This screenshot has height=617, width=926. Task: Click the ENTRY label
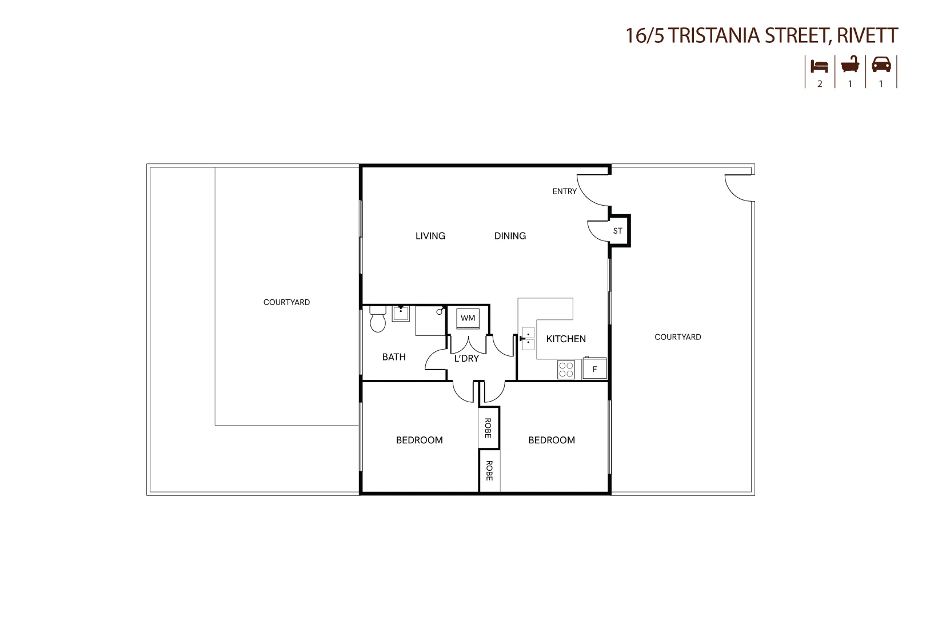tap(564, 191)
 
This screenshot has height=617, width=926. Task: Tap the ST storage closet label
tap(617, 231)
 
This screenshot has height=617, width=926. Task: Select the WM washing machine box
tap(468, 318)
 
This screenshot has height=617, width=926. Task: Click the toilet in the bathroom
tap(378, 319)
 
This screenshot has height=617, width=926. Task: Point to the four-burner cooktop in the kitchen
tap(566, 370)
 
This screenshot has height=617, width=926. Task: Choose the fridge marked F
tap(594, 368)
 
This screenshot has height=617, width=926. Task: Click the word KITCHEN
tap(566, 339)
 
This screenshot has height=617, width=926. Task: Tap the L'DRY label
tap(466, 358)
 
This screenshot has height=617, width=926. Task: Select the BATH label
tap(394, 357)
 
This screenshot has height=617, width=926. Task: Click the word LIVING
tap(430, 236)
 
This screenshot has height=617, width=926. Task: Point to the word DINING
tap(510, 236)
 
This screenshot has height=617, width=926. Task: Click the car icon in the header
tap(881, 65)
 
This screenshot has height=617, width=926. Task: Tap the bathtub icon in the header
tap(850, 65)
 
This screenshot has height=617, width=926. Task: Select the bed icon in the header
tap(819, 66)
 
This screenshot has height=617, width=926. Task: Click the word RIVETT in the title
tap(868, 35)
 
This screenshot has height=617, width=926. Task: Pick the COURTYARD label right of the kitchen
tap(677, 337)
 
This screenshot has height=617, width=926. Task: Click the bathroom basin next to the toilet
tap(401, 314)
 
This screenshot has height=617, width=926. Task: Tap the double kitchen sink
tap(528, 338)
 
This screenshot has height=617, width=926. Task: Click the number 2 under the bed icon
tap(820, 84)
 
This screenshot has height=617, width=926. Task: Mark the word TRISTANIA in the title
tap(714, 35)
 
